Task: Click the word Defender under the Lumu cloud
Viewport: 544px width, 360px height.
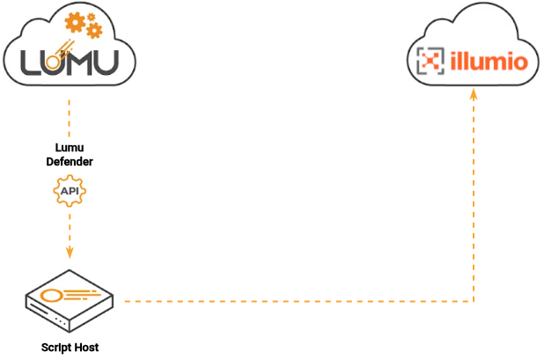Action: (x=70, y=162)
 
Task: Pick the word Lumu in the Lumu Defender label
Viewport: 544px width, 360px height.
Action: (x=70, y=150)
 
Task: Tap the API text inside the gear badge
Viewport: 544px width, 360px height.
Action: (x=70, y=190)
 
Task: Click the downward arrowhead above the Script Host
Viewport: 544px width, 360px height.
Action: (x=70, y=253)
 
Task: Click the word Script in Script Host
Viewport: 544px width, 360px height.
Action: (x=55, y=347)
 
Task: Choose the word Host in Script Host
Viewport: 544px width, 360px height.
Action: (x=86, y=347)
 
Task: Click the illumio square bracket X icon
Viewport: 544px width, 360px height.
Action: (x=429, y=62)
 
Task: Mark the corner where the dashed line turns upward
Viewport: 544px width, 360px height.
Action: (x=474, y=302)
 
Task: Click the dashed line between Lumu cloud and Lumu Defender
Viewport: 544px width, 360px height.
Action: (x=70, y=119)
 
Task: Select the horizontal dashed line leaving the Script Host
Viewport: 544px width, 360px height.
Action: (x=290, y=302)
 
